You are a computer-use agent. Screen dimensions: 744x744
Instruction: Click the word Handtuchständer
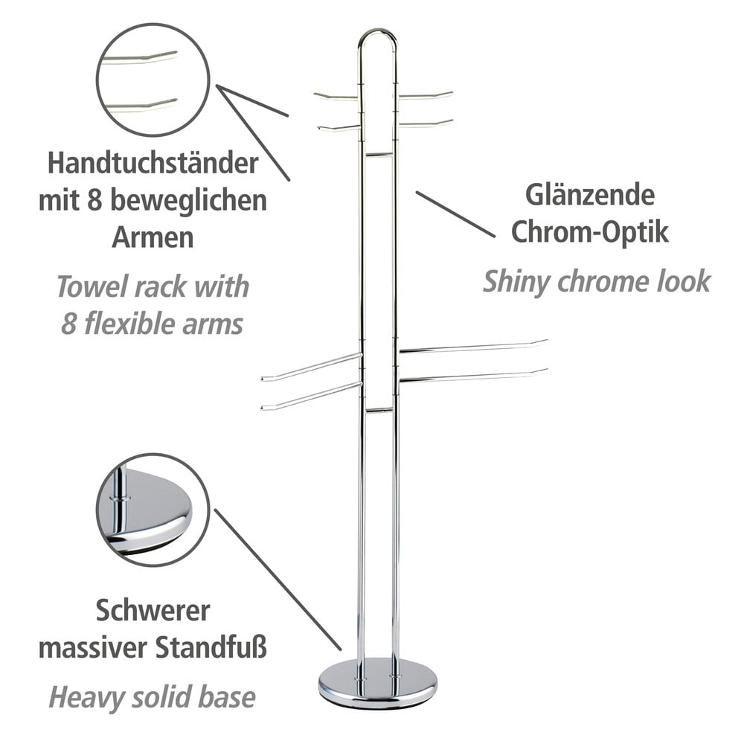coord(153,163)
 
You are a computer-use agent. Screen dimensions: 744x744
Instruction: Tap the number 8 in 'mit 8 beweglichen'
coord(94,201)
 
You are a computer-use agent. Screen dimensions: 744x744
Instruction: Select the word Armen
coord(153,237)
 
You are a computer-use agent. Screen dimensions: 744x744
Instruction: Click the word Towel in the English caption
coord(92,286)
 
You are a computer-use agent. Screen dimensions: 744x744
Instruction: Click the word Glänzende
coord(590,196)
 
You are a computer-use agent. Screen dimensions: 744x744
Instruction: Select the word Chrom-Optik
coord(590,232)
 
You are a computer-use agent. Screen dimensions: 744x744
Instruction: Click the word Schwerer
coord(153,611)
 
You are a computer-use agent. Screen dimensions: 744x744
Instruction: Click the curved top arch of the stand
coord(377,31)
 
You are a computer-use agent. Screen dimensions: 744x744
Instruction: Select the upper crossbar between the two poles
coord(378,155)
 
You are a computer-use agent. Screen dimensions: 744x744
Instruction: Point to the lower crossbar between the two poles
coord(378,409)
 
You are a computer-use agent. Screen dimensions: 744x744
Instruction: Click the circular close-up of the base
coord(153,510)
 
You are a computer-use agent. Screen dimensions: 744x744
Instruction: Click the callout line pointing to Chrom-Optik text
coord(455,214)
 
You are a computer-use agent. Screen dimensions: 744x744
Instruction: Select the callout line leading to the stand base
coord(278,580)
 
